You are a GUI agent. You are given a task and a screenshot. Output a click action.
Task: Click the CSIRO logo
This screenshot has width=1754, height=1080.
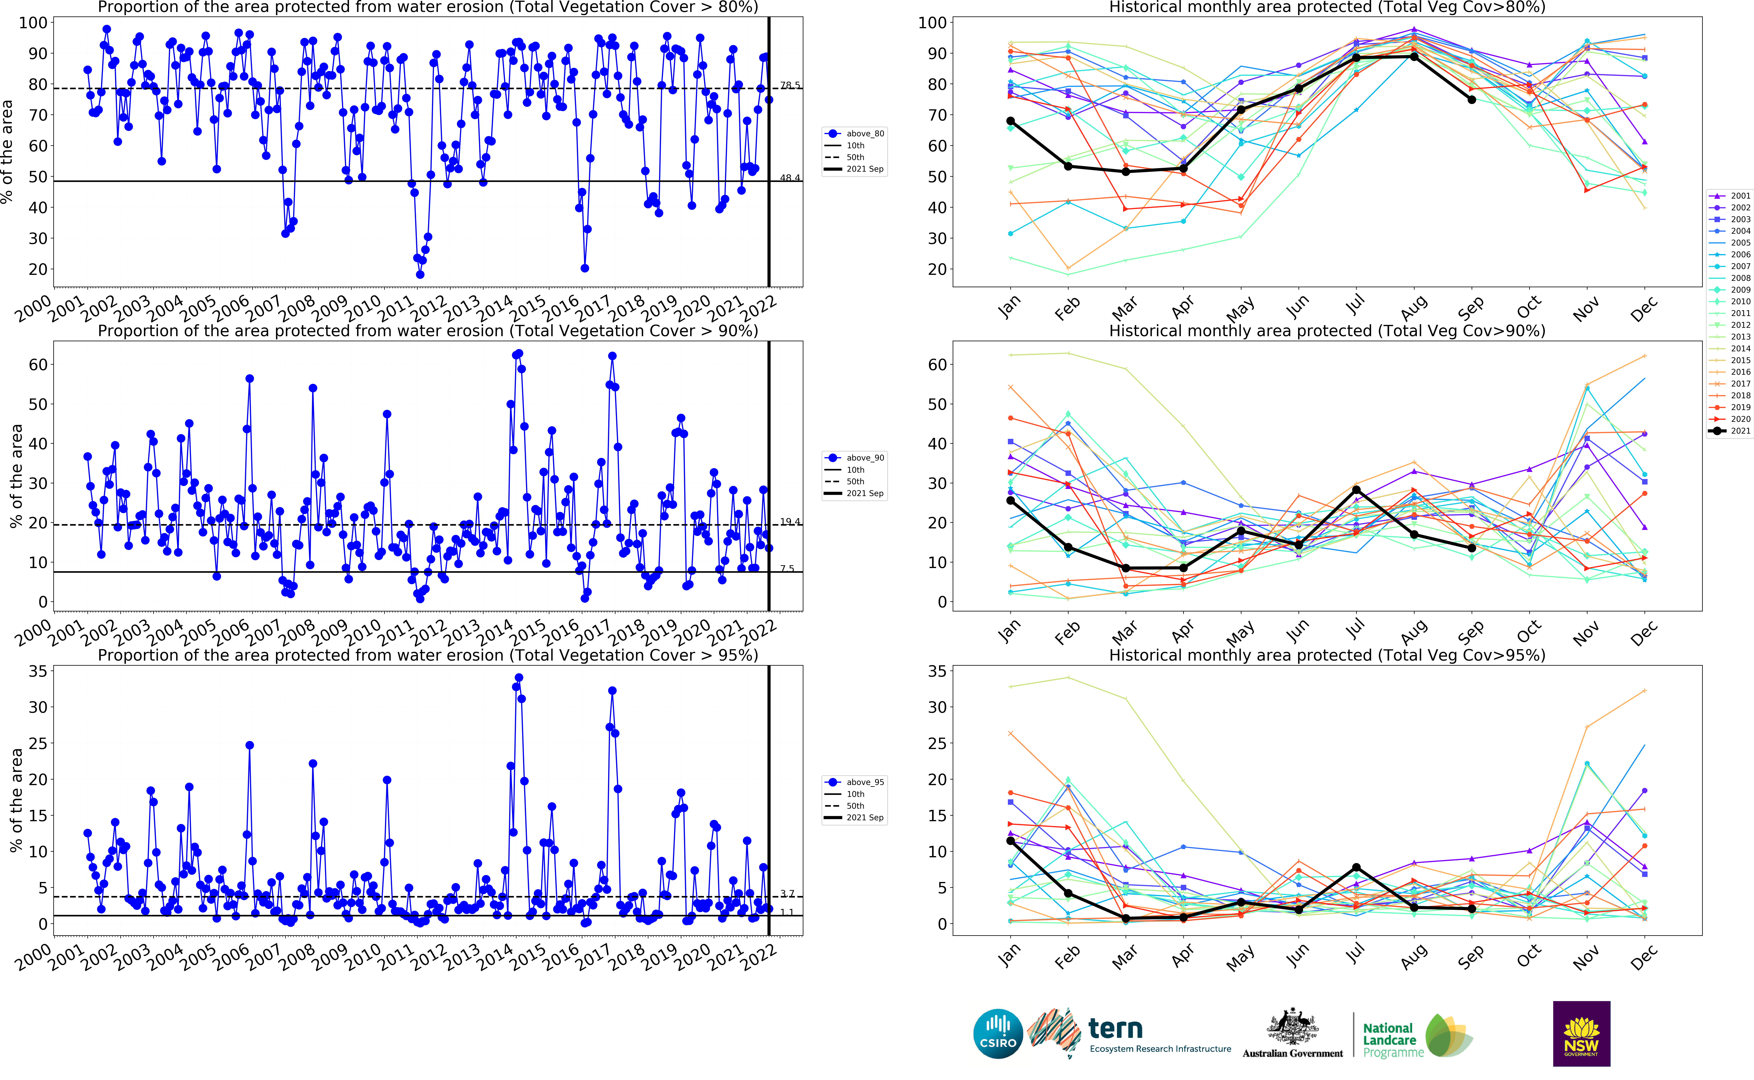pos(998,1034)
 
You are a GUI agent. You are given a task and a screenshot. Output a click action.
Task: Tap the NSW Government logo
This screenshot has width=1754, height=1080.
pos(1581,1034)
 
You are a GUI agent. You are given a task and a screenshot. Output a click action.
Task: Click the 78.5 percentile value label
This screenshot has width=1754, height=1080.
pos(790,85)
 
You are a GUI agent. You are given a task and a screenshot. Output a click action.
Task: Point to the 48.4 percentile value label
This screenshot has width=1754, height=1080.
pos(790,178)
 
